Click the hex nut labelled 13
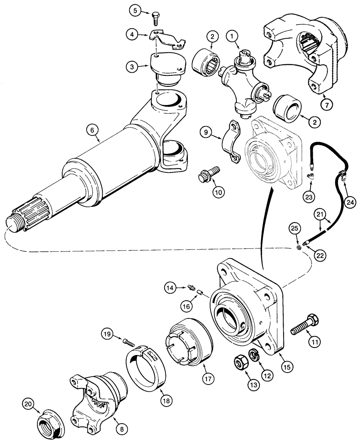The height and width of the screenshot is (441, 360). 240,364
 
